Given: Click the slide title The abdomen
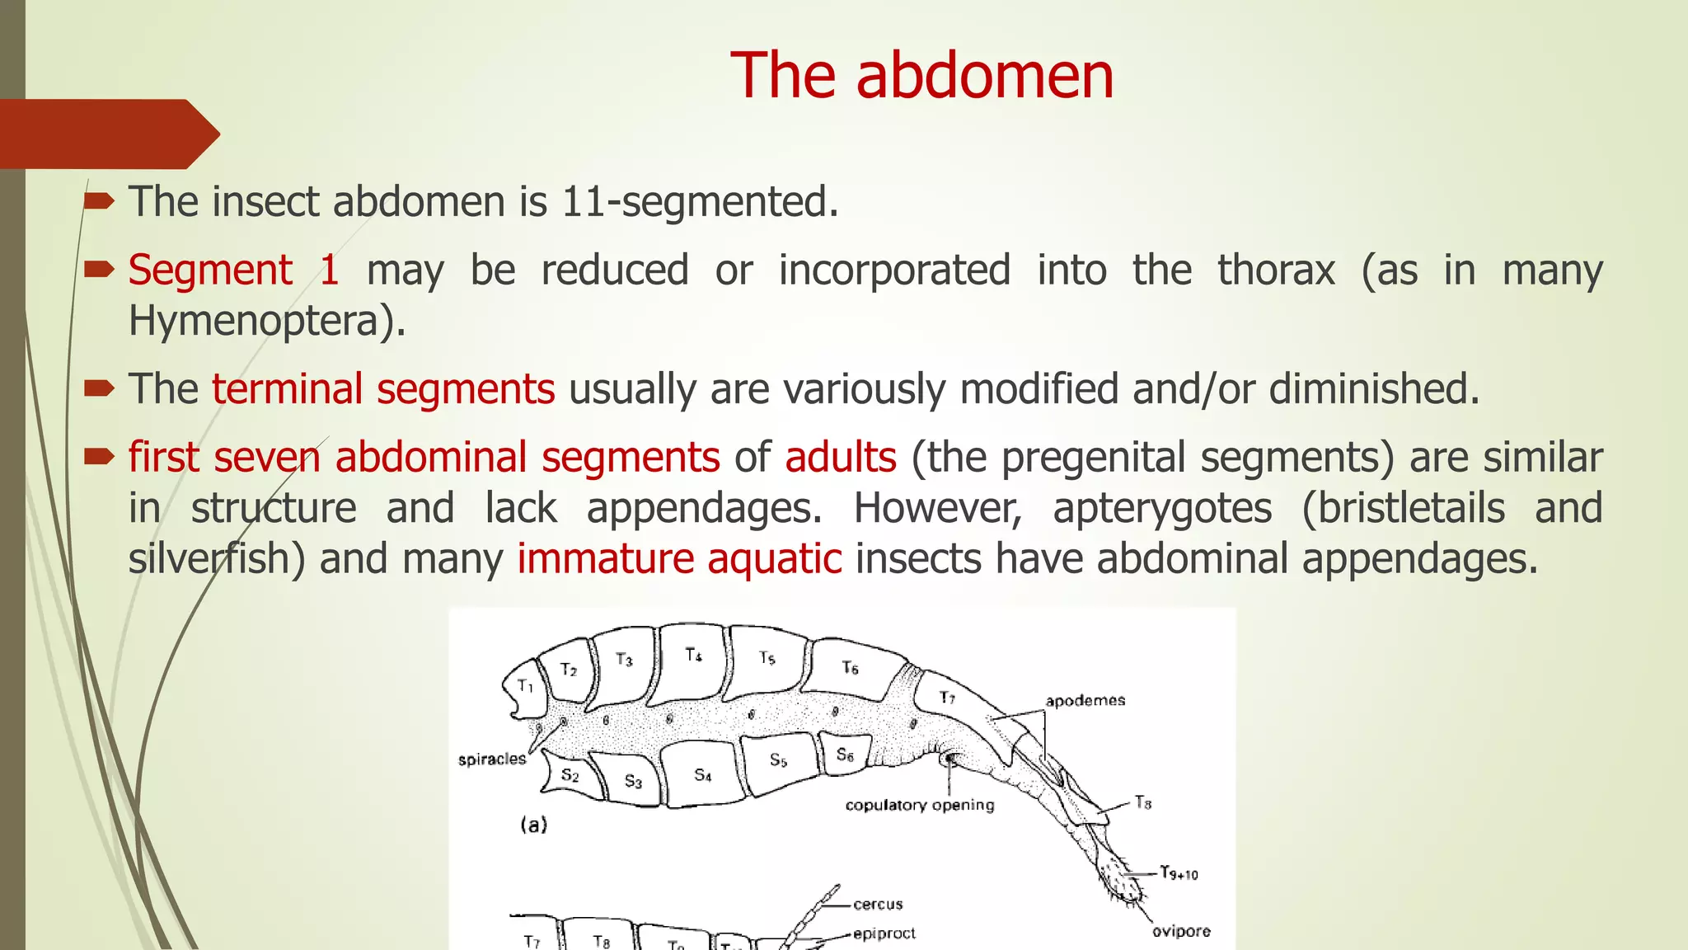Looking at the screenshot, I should (921, 76).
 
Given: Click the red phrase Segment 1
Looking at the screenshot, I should (233, 270).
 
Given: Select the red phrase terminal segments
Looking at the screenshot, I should (383, 389).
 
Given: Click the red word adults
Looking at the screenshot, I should (840, 458).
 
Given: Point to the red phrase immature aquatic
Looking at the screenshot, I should (679, 559).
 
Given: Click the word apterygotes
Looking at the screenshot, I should (1162, 508).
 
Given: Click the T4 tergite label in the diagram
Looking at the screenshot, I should (694, 656).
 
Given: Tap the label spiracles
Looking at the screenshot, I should (492, 760).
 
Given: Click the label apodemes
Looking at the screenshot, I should (1085, 701).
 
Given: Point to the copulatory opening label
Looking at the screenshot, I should (920, 805).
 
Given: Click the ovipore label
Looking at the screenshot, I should (1180, 931).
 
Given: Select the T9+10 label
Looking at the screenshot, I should (1179, 873).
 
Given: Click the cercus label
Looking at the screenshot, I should (878, 905).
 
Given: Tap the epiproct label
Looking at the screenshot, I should (884, 934).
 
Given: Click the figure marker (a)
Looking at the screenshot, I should (533, 824).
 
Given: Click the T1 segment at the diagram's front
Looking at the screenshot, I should (525, 686).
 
